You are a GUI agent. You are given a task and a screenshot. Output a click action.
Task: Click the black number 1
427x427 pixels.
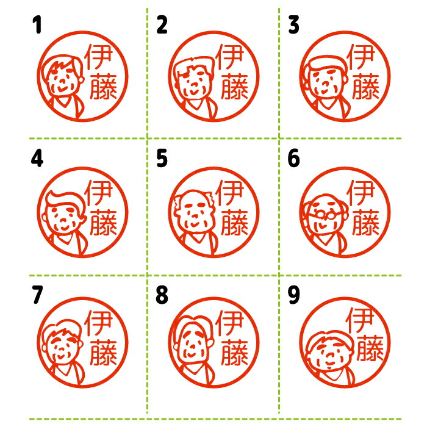tap(37, 25)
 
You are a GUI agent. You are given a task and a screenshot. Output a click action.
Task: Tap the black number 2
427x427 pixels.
tap(162, 25)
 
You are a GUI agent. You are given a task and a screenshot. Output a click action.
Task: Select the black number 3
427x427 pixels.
tap(293, 25)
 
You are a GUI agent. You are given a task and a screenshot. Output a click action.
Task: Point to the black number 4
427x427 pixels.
tap(37, 159)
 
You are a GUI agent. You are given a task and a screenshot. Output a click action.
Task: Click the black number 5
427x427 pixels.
tap(162, 159)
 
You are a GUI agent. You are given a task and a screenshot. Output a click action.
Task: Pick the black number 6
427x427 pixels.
tap(293, 159)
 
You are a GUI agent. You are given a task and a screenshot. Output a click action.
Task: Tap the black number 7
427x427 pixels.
tap(37, 295)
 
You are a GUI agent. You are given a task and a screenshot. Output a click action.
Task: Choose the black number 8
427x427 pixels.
tap(162, 295)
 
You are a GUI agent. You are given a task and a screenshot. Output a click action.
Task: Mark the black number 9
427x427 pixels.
tap(293, 295)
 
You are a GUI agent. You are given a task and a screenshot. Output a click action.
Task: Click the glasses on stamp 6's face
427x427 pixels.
tap(325, 215)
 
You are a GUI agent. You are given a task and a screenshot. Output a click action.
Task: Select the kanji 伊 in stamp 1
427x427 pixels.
tap(98, 57)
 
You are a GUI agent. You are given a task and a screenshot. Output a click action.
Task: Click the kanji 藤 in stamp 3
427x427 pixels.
tap(365, 86)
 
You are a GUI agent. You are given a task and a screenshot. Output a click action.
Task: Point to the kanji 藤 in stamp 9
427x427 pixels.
tap(370, 348)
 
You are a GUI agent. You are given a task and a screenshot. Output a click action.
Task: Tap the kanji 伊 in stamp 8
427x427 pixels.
tap(229, 323)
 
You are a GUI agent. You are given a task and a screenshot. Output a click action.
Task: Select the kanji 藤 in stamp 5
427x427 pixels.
tap(234, 222)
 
